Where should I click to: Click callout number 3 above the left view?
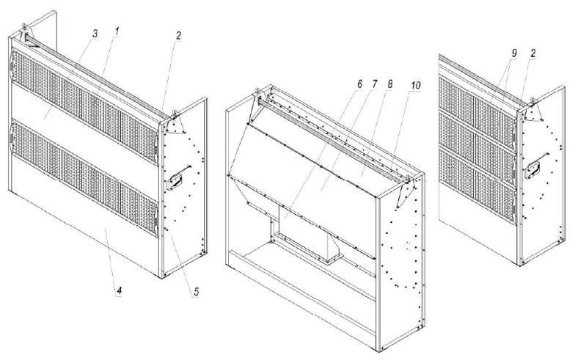point(95,34)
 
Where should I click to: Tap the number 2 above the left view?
point(178,36)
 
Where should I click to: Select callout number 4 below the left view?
point(119,292)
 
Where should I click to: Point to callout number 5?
point(197,292)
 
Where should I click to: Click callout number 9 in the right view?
point(514,54)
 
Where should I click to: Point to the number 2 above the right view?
point(532,54)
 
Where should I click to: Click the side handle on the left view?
point(175,182)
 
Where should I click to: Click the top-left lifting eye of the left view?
point(24,26)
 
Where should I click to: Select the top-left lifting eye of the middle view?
point(257,90)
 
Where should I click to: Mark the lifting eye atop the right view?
point(532,100)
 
